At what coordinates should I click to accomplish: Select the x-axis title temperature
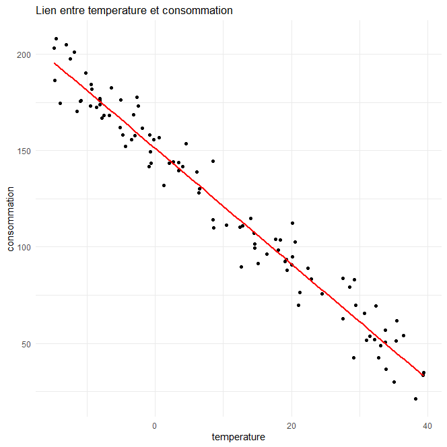coord(238,437)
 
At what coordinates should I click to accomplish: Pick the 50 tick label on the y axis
coord(25,344)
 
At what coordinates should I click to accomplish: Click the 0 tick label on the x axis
coord(155,425)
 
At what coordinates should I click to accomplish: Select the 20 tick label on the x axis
coord(291,425)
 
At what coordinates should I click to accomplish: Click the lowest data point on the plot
coord(415,399)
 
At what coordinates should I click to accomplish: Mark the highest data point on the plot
coord(57,38)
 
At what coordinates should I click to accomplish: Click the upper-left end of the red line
coord(55,63)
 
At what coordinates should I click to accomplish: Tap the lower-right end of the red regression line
coord(423,374)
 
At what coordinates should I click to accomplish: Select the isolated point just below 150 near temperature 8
coord(213,161)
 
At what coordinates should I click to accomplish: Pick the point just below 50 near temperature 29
coord(353,357)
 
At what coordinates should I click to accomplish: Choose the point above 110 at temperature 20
coord(292,223)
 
